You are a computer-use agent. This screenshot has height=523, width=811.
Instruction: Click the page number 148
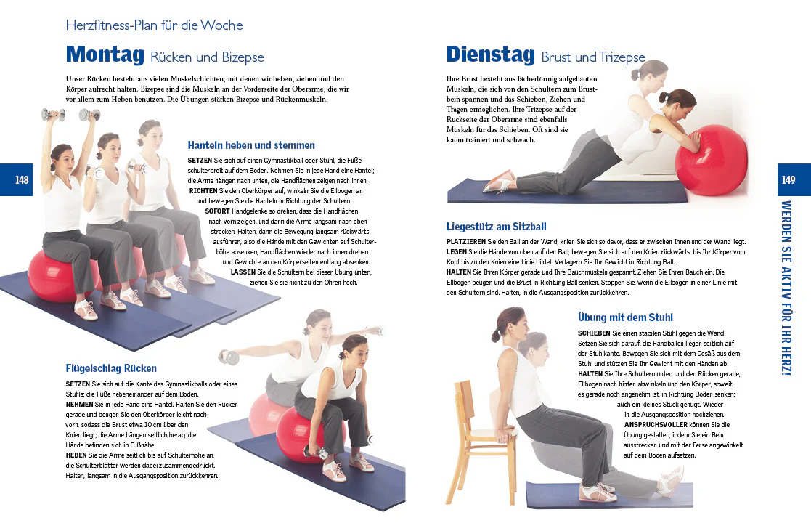22,180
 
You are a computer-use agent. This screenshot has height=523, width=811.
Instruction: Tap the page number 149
788,180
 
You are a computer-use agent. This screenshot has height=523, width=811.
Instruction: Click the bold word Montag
105,54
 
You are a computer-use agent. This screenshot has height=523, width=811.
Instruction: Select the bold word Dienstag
490,54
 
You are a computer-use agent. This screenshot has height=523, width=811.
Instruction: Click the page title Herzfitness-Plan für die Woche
154,25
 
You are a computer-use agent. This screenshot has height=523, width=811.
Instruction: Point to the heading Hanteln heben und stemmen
251,145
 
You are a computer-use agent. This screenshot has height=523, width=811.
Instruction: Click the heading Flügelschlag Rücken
111,368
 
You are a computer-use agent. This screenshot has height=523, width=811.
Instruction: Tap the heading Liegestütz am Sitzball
497,227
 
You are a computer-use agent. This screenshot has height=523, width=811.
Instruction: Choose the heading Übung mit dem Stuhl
625,317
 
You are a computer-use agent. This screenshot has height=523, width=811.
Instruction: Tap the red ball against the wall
712,161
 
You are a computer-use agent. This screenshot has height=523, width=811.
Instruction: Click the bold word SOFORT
217,211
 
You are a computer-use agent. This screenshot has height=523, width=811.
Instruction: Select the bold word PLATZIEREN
466,242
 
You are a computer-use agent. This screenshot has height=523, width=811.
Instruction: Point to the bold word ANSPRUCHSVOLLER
656,425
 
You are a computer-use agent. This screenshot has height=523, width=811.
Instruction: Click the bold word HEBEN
76,455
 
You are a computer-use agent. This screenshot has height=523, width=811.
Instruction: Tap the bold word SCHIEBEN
595,333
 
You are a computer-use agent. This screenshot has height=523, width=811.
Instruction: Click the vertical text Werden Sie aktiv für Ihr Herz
786,288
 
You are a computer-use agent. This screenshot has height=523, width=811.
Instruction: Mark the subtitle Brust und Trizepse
593,57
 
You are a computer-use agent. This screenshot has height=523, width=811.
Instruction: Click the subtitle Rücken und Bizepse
208,57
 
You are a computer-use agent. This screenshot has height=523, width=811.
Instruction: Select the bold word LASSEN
243,272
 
